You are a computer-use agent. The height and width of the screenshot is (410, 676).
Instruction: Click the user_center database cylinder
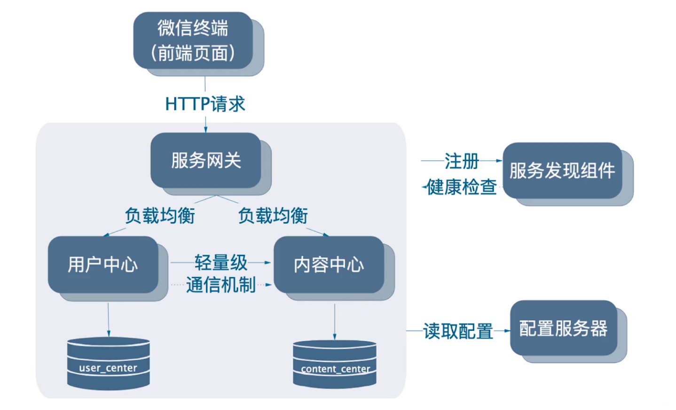pos(108,363)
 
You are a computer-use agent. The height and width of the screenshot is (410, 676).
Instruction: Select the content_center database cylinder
pos(335,364)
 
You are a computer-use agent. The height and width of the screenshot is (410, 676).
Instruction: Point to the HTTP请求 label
pos(205,104)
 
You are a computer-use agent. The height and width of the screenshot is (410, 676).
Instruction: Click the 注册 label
pos(462,161)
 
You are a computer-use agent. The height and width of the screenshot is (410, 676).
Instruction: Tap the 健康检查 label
pos(462,187)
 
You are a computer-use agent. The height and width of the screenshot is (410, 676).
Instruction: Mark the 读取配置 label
pos(458,331)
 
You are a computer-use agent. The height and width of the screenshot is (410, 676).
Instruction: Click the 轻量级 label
pos(221,262)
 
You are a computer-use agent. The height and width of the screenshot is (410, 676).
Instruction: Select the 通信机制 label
pos(221,285)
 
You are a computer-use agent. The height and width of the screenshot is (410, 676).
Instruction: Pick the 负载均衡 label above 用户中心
pos(160,215)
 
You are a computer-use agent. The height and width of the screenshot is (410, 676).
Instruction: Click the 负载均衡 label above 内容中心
pos(273,215)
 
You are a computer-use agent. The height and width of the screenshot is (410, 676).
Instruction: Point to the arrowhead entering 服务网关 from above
pos(206,130)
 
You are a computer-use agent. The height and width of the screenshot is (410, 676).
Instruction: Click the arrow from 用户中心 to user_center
pos(109,320)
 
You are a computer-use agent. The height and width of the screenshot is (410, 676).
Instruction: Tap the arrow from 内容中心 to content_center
pos(335,322)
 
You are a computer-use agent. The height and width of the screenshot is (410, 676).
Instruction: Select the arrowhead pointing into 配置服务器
pos(507,331)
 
